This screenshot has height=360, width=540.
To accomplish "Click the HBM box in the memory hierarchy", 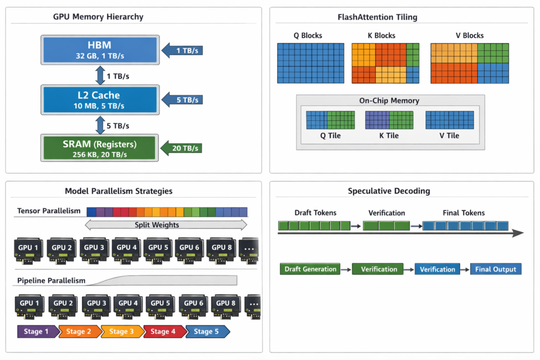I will click(100, 50).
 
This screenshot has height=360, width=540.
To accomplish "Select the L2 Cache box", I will click(100, 100).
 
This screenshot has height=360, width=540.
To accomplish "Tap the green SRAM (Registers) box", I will click(100, 148).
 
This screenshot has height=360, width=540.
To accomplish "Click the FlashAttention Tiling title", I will click(377, 17).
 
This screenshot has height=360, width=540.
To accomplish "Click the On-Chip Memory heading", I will click(389, 101).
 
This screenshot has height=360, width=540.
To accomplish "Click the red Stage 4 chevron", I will click(165, 332).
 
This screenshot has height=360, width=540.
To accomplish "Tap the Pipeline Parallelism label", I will click(51, 280).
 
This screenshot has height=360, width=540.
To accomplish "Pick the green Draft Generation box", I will click(310, 269).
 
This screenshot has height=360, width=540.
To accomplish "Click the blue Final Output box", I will click(496, 269).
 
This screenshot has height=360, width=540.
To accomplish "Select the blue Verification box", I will click(437, 269).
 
